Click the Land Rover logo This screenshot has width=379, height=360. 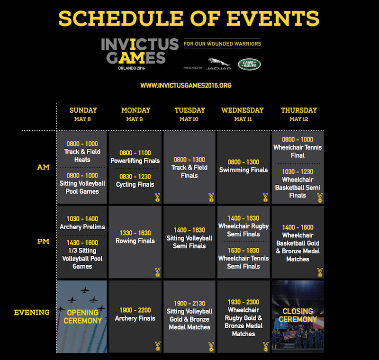click(249, 64)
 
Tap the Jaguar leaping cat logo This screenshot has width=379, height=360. click(219, 63)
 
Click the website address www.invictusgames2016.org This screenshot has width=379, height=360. click(186, 86)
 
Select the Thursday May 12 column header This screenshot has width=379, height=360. click(299, 114)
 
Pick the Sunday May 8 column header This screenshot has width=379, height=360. click(83, 114)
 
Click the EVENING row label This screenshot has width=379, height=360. click(32, 312)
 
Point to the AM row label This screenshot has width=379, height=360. click(43, 167)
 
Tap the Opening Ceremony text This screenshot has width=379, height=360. click(82, 316)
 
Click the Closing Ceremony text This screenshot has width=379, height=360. click(298, 315)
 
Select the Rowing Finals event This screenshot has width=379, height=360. click(135, 241)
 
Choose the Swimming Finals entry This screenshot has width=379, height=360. click(244, 170)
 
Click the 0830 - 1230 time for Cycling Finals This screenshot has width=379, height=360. click(135, 177)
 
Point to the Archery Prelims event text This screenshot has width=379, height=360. click(82, 227)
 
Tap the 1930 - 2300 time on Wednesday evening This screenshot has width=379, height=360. click(244, 302)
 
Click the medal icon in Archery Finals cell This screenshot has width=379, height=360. click(158, 346)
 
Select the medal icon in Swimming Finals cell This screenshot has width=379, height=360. click(265, 198)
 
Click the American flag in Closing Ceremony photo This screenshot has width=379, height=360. click(289, 335)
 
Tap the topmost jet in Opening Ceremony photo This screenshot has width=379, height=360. click(85, 290)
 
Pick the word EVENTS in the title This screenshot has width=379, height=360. click(273, 18)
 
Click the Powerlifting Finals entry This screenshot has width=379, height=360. click(135, 161)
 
